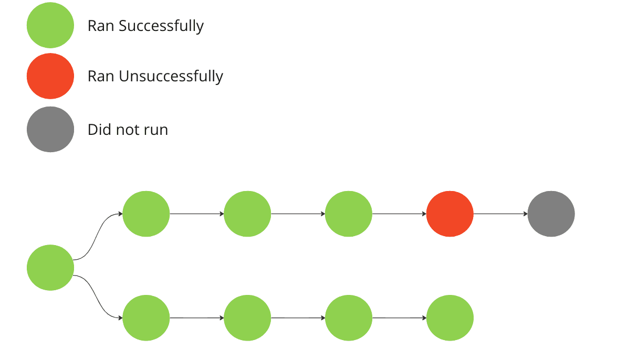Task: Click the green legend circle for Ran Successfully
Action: (50, 25)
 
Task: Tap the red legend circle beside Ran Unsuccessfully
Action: (50, 76)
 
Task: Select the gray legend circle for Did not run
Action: (50, 130)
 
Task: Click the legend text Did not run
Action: (128, 130)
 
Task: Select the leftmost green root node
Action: (50, 268)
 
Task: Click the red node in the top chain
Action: (449, 214)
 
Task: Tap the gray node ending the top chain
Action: (551, 214)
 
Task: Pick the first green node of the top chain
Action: (146, 214)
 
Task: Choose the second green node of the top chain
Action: (247, 214)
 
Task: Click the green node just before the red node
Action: (349, 214)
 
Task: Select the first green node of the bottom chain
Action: (146, 318)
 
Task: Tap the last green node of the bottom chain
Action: (449, 318)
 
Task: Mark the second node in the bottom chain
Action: (247, 318)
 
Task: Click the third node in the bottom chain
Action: (349, 318)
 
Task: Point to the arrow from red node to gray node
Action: (500, 214)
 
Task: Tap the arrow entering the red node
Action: (399, 214)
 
